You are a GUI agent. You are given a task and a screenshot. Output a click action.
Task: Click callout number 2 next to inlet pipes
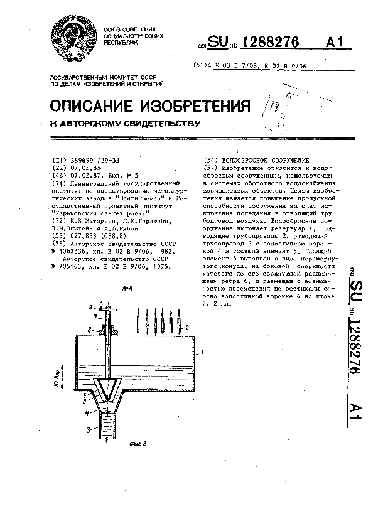point(186,328)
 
